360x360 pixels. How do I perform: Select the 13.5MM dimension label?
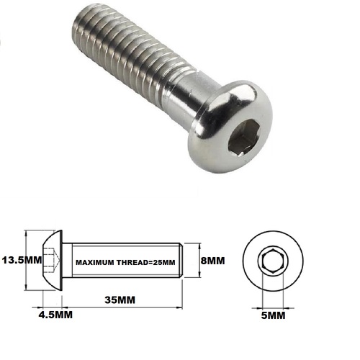click(21, 260)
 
